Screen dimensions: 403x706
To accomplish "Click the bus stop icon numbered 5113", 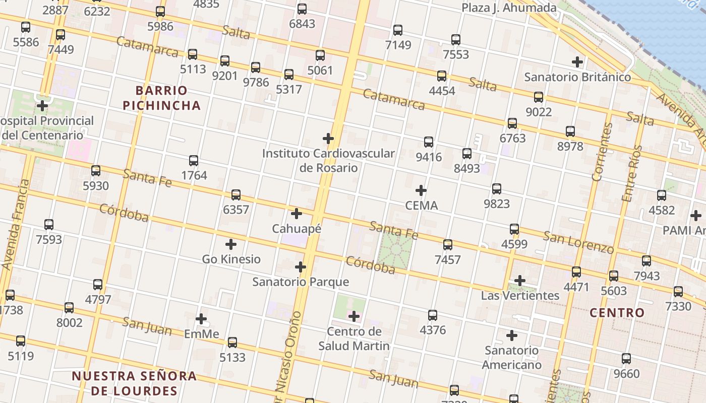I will click(192, 54).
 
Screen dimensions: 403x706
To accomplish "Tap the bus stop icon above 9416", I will click(429, 142).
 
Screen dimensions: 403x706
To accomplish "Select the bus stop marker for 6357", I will click(236, 195).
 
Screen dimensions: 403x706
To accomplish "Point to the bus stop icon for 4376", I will click(433, 315).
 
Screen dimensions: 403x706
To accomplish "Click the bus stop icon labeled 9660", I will click(626, 359).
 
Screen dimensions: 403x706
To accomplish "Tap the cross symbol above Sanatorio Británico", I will click(577, 62).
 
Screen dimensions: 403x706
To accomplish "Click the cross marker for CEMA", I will click(421, 190).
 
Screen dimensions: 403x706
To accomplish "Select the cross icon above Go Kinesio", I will click(231, 244).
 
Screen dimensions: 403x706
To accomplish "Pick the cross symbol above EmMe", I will click(201, 319).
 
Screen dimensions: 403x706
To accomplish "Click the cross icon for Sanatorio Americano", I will click(512, 335).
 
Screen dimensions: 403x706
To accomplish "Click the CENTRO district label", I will click(617, 313).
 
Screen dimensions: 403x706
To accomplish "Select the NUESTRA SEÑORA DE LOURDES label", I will click(134, 383).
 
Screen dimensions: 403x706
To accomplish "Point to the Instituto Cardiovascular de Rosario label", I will click(328, 160).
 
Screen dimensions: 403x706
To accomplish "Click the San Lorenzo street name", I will click(578, 242).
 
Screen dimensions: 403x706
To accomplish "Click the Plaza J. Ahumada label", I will click(509, 8).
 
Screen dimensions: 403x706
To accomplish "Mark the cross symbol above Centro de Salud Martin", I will click(354, 316).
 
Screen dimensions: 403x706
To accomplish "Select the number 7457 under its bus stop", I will click(448, 259).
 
